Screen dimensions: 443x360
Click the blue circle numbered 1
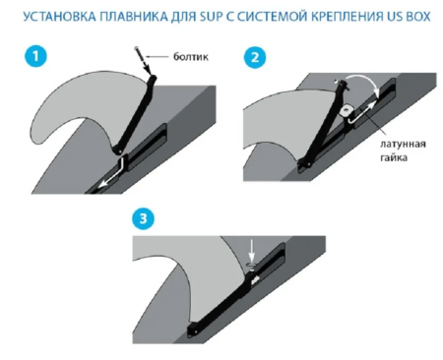(35, 56)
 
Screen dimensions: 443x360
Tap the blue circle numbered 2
(255, 57)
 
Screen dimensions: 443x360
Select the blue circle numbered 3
(143, 218)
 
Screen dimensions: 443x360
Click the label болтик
(191, 57)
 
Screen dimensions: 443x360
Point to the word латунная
(403, 145)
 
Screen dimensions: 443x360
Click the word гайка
(394, 157)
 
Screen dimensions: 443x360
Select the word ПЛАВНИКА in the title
(134, 16)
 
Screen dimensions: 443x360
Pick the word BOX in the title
(418, 16)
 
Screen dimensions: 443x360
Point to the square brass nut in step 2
(346, 111)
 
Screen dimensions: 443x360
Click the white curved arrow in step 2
(365, 82)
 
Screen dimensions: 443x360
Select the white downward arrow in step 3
(252, 251)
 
